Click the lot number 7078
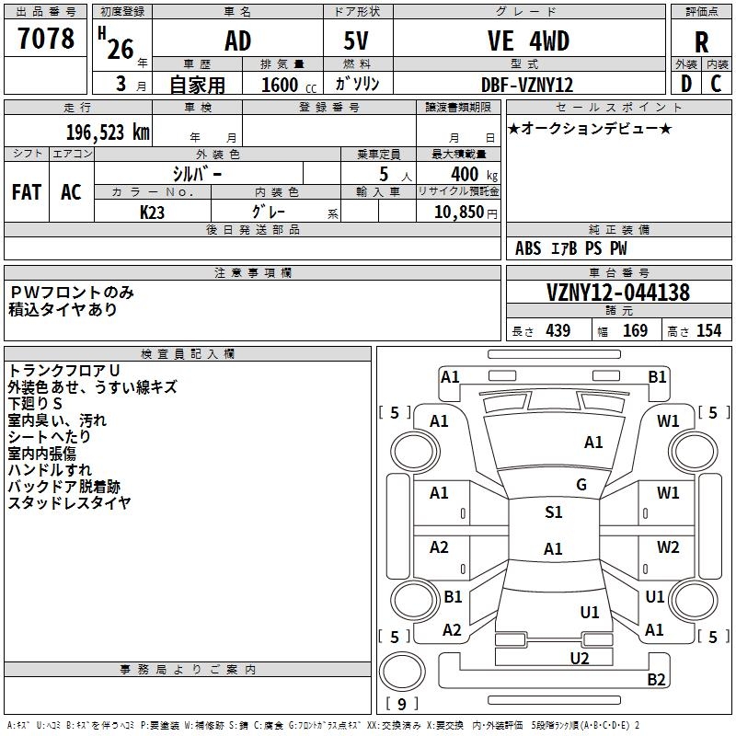coord(46,40)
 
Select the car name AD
coord(237,41)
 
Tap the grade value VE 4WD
coord(528,41)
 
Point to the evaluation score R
coord(702,42)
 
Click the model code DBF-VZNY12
coord(528,85)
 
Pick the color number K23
coord(153,212)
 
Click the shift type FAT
coord(27,192)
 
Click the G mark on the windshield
coord(581,485)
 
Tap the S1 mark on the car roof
coord(553,512)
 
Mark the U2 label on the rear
coord(579,657)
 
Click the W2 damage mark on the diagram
coord(668,546)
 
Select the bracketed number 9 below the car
coord(402,704)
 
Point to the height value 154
coord(708,331)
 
